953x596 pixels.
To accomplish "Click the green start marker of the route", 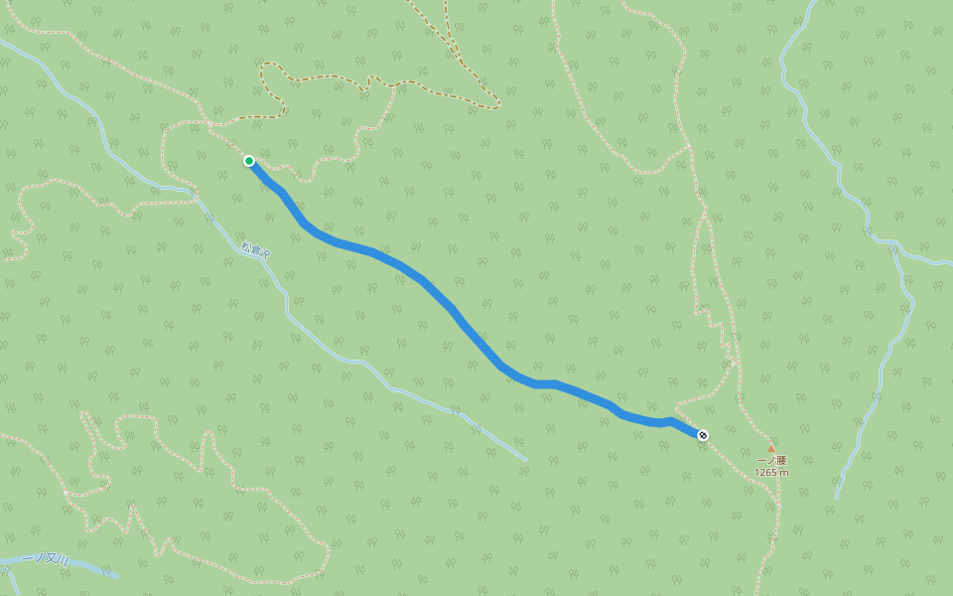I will [249, 161].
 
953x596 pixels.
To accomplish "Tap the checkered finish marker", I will [703, 435].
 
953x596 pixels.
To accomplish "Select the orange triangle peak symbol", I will [771, 449].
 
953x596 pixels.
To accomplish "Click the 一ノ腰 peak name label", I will [771, 461].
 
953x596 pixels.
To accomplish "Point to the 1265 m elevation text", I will [771, 473].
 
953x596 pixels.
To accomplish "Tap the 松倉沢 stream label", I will [256, 252].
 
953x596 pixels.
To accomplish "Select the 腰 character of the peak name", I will [781, 461].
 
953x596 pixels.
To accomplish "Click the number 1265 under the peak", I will [766, 473].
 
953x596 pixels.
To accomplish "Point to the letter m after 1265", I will [785, 473].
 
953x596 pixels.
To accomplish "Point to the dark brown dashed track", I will [328, 76].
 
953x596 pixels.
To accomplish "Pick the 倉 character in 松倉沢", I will [256, 252].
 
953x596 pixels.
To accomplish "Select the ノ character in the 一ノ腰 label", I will [771, 461].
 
